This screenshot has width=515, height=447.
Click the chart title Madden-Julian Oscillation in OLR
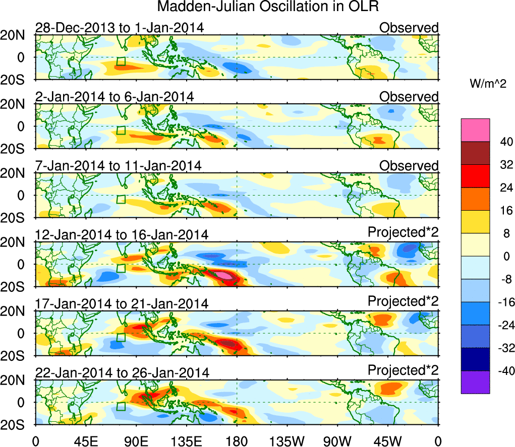coord(268,7)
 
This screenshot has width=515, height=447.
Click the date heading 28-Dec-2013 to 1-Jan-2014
coord(119,28)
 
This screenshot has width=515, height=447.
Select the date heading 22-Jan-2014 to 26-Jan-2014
coord(122,373)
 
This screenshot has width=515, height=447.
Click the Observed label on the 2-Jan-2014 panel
coord(409,97)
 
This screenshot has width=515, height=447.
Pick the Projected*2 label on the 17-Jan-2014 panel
coord(403,301)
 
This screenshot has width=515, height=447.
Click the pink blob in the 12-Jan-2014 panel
coord(223,275)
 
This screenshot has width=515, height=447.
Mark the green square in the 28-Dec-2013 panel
coord(121,61)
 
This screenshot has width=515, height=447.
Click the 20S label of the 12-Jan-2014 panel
coord(15,286)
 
